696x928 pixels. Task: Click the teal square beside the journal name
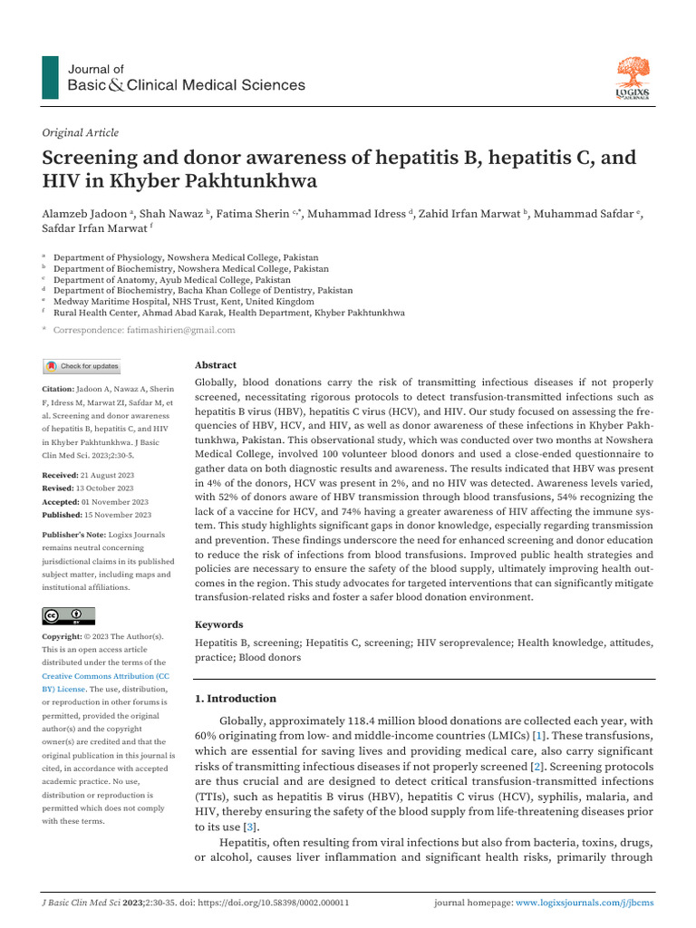point(51,77)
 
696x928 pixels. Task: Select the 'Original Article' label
point(81,132)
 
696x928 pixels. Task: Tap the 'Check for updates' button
point(82,366)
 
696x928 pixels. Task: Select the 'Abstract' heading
point(216,364)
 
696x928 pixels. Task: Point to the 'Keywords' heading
point(219,624)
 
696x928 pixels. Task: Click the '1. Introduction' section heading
point(237,699)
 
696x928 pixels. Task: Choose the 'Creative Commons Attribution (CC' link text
point(105,676)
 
